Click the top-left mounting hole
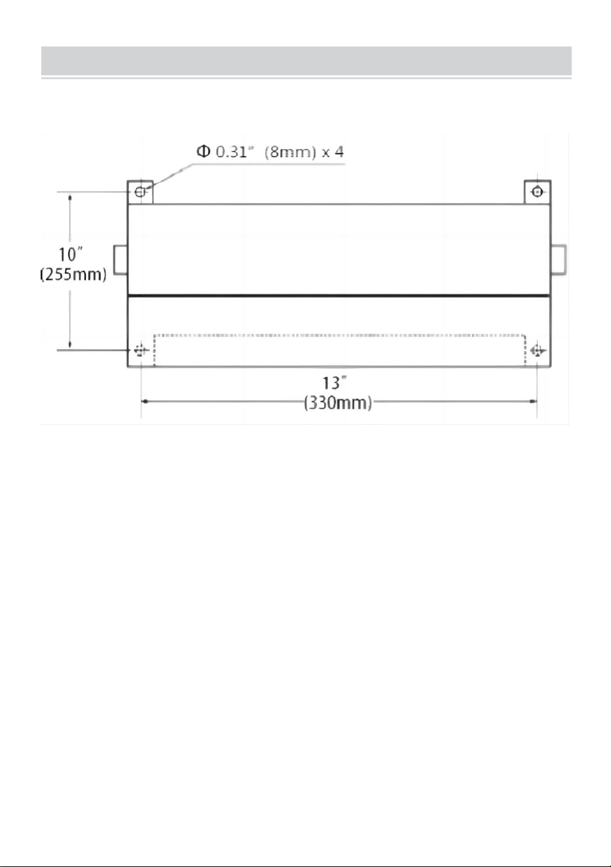pyautogui.click(x=140, y=192)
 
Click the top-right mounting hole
pyautogui.click(x=537, y=191)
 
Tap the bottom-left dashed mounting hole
pyautogui.click(x=141, y=350)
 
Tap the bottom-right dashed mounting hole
pyautogui.click(x=538, y=351)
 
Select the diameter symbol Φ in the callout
pyautogui.click(x=203, y=151)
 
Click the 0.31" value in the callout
pyautogui.click(x=234, y=152)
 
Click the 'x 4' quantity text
pyautogui.click(x=333, y=152)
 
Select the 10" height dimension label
pyautogui.click(x=71, y=254)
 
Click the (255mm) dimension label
pyautogui.click(x=73, y=274)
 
